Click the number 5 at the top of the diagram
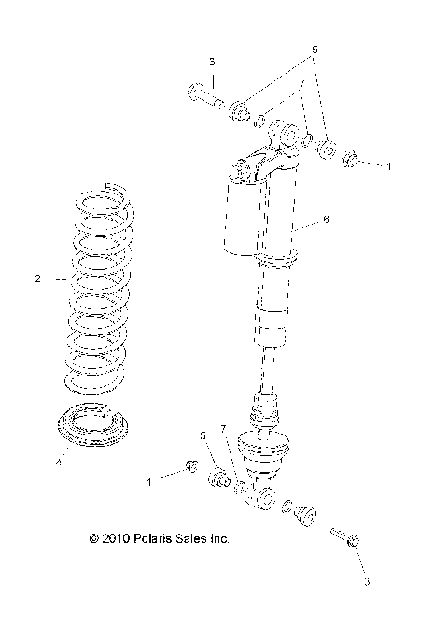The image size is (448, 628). [315, 48]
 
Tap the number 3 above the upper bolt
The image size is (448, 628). [212, 62]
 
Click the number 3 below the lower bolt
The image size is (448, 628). [367, 581]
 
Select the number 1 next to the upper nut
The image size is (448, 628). [389, 164]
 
